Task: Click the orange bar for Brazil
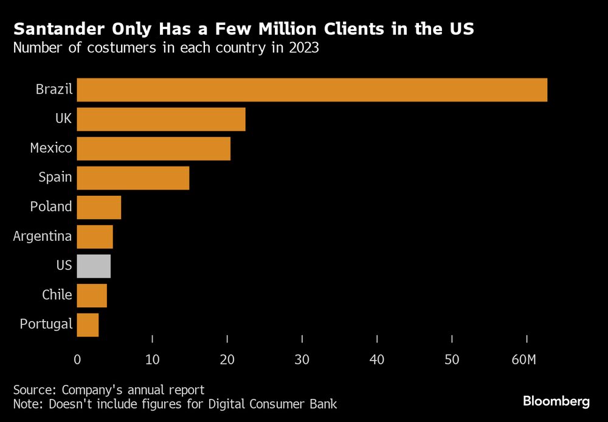(312, 90)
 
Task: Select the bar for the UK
(161, 119)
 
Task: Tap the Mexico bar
(154, 148)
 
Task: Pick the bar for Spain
(133, 178)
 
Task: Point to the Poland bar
(99, 207)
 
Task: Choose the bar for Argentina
(95, 237)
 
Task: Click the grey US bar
(94, 266)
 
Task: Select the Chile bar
(92, 295)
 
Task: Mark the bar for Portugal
(88, 324)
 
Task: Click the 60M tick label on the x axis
(523, 359)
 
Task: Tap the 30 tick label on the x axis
(302, 359)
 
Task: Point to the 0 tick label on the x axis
(77, 359)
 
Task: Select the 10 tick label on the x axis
(152, 359)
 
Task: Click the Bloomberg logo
(556, 401)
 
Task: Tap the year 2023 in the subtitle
(303, 48)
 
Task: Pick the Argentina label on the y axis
(43, 236)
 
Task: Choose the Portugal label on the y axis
(46, 324)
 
